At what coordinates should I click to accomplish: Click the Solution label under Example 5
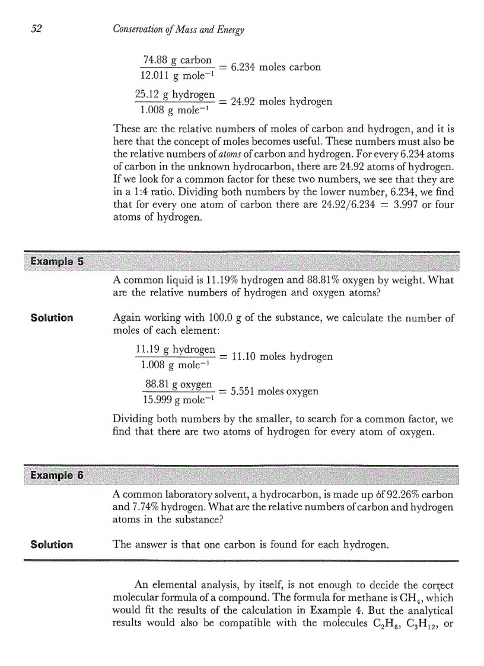coord(52,318)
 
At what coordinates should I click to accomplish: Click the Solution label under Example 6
coord(52,544)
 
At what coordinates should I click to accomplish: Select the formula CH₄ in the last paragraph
coord(400,598)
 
